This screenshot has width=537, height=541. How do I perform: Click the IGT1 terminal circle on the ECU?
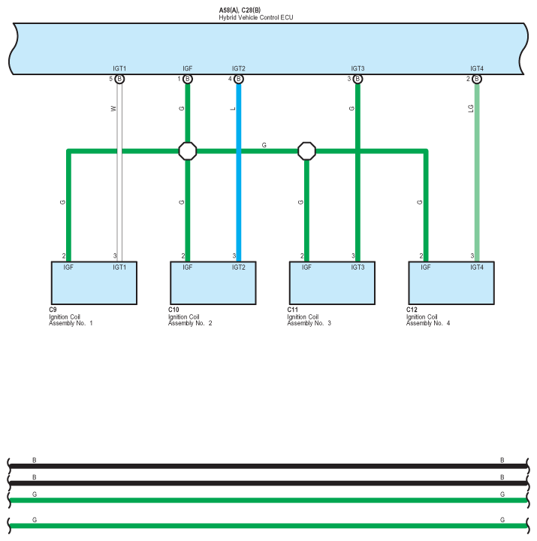119,79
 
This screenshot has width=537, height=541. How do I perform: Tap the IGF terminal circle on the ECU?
188,79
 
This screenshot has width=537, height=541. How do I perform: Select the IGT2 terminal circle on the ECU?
239,79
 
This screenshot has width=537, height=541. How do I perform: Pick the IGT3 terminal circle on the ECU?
357,79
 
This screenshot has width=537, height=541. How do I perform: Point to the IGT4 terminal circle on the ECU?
476,79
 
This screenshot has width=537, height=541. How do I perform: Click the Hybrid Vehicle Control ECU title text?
250,17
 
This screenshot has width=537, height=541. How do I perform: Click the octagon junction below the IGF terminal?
188,151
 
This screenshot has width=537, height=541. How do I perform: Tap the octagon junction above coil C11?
306,151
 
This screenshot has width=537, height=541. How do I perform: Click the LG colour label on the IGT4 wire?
470,108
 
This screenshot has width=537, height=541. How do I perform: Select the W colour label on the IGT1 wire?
113,108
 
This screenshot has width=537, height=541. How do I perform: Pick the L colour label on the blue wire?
233,108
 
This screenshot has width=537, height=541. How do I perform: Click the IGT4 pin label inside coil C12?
477,267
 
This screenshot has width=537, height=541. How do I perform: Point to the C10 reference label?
173,310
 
